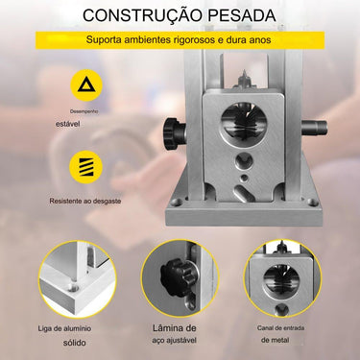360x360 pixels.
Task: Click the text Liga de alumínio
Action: click(x=73, y=328)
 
